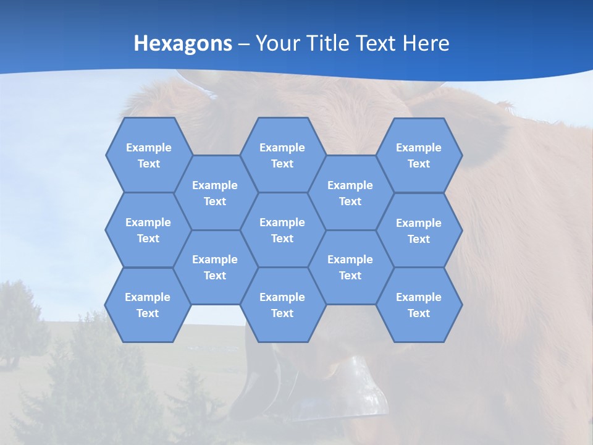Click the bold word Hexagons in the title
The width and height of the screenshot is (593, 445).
183,43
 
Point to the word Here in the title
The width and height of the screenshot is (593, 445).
426,43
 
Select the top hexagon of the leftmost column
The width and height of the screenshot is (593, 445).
148,155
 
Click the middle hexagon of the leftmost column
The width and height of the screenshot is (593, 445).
148,230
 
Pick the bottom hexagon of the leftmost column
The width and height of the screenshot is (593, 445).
148,305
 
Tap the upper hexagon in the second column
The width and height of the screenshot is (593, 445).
215,193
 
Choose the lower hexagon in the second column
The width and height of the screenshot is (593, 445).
215,267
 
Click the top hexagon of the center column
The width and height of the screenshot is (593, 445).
282,155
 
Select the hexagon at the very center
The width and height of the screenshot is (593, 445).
282,230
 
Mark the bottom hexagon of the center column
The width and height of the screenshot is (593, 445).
282,305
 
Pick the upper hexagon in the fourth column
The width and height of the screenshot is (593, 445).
350,193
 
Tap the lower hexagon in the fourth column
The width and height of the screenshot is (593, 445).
350,267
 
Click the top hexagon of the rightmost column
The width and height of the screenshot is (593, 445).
419,155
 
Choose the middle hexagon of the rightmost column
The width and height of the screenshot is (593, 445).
419,231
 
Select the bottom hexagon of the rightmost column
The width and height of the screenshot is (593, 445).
419,305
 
